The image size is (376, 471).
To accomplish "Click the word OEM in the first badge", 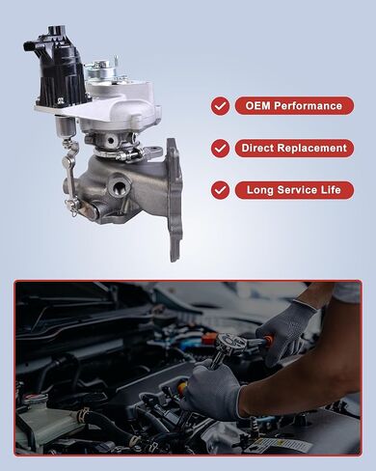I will click(x=257, y=106).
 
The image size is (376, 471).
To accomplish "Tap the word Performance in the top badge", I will click(x=307, y=106).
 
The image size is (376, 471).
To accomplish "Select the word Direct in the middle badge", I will click(x=263, y=149).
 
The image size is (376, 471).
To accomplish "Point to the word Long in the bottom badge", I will click(x=261, y=190).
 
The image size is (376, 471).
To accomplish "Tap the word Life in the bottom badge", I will click(x=332, y=190).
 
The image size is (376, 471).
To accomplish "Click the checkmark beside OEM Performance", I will click(x=221, y=106).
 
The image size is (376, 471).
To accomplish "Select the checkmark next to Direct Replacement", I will click(x=221, y=149).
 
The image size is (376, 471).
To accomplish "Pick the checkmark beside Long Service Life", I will click(x=221, y=190).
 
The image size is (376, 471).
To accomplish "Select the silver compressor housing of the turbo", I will click(x=125, y=106).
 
